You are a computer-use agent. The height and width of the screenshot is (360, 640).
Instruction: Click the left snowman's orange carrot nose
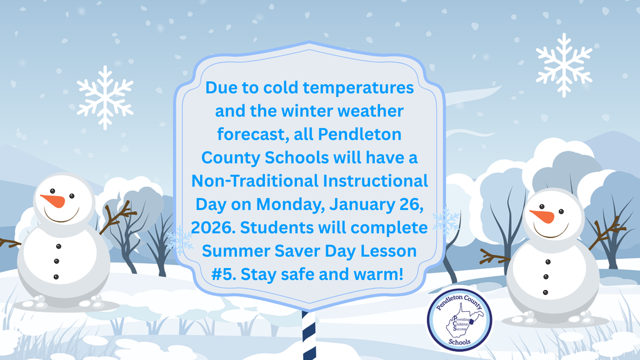coord(54,201)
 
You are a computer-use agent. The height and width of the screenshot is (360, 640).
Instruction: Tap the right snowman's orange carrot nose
coord(542,216)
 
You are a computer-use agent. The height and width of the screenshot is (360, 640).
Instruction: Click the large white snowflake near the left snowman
coord(105,97)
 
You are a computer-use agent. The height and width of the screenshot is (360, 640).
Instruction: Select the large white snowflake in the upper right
coord(564,65)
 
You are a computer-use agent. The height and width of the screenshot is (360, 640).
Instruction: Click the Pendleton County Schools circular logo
coord(459,320)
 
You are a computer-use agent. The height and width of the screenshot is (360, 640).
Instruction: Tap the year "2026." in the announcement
coord(212,227)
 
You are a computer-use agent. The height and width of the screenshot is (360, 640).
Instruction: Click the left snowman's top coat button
coord(58,246)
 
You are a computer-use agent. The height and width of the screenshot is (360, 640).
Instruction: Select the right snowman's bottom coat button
coord(546,292)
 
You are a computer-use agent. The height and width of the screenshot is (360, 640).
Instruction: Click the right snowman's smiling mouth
coord(551,231)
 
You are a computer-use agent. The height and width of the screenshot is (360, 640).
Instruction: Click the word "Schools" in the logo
coord(459,342)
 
